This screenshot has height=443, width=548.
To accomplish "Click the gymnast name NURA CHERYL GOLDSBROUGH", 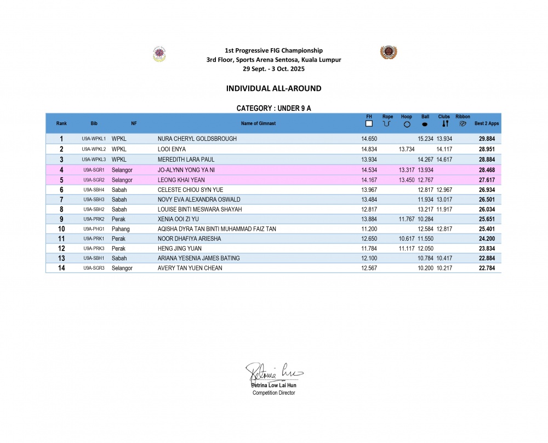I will (x=197, y=139).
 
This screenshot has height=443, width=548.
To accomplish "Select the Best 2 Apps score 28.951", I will (x=488, y=149).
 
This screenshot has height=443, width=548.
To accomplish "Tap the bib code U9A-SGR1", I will (x=94, y=170).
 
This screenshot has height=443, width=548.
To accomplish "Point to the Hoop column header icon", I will (x=407, y=124).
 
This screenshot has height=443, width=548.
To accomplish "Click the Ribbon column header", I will (x=463, y=117).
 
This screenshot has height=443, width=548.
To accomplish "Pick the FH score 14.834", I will (x=369, y=149).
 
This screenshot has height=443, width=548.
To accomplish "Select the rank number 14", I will (x=62, y=268).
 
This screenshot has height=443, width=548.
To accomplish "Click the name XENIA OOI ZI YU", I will (x=179, y=219).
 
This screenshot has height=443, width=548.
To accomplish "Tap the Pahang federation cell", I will (x=121, y=229).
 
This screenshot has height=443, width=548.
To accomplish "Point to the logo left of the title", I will (x=159, y=54).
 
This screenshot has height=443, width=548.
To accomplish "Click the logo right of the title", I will (x=389, y=53).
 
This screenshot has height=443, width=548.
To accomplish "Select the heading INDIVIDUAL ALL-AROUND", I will (x=273, y=88).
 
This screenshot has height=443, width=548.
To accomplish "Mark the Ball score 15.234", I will (x=426, y=139).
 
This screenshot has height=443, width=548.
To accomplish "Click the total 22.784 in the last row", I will (x=488, y=268).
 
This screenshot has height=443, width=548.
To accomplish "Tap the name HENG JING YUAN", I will (x=179, y=248).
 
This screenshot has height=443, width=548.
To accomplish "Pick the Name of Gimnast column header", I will (x=258, y=123).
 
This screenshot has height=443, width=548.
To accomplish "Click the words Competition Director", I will (x=273, y=393).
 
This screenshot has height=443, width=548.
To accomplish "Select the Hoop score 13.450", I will (x=407, y=179).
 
